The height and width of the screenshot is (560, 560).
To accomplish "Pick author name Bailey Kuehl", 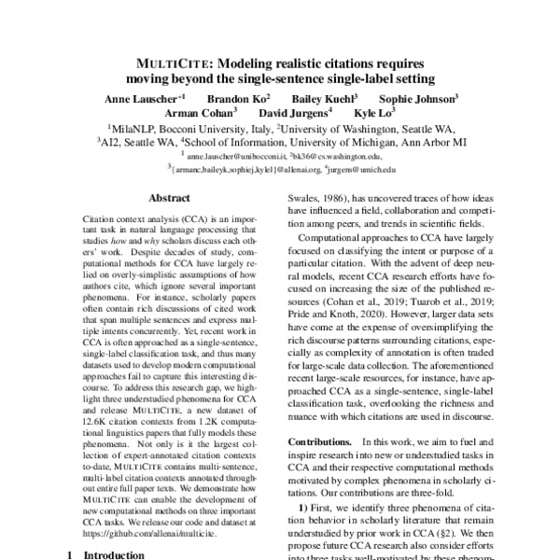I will coord(323,98).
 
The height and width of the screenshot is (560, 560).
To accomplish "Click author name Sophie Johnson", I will coord(416,98).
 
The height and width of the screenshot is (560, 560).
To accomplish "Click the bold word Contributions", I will coord(324,440).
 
